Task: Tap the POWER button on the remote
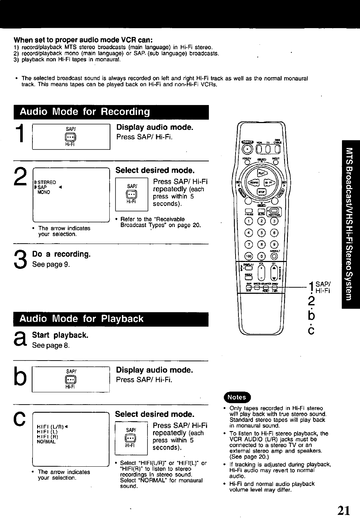[247, 149]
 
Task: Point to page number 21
[344, 510]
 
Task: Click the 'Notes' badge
[236, 397]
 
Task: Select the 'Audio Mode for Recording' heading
[84, 112]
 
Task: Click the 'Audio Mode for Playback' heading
[82, 319]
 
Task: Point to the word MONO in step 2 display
[44, 192]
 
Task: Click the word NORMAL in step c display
[47, 442]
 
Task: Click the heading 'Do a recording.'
[61, 254]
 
